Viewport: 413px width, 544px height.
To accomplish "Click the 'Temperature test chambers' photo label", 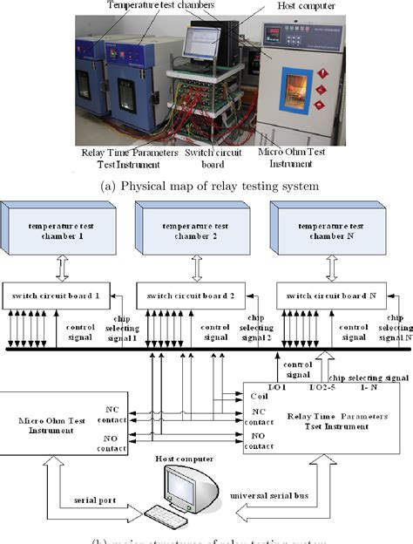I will pos(162,6).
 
